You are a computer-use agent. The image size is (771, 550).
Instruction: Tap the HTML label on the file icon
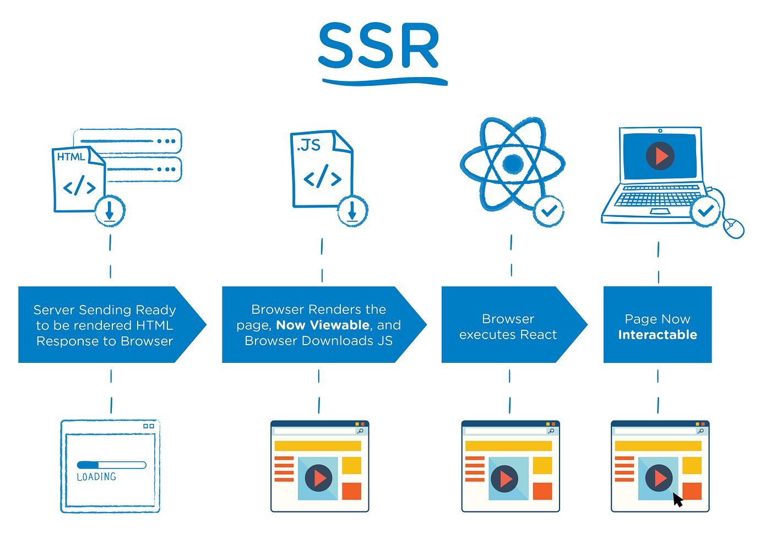(71, 157)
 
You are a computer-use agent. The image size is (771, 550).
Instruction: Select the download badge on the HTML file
(110, 211)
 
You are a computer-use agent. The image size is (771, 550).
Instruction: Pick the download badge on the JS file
(352, 211)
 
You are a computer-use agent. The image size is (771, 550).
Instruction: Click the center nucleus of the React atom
(513, 164)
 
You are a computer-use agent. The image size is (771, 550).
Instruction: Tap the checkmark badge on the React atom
(549, 211)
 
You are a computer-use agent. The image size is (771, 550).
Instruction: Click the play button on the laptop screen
(660, 156)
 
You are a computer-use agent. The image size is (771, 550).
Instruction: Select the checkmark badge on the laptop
(705, 211)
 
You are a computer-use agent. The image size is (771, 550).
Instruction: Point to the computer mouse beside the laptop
(734, 227)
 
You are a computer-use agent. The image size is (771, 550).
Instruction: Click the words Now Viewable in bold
(323, 325)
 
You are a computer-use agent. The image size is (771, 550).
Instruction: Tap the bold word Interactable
(658, 335)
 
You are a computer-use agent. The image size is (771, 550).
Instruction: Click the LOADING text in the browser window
(96, 477)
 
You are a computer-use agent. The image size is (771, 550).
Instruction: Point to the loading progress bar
(111, 465)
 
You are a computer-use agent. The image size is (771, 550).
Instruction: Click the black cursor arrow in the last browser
(677, 499)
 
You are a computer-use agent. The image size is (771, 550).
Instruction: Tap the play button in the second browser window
(318, 478)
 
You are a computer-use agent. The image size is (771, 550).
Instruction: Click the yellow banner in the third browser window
(508, 446)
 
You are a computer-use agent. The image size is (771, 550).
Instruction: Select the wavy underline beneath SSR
(384, 81)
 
